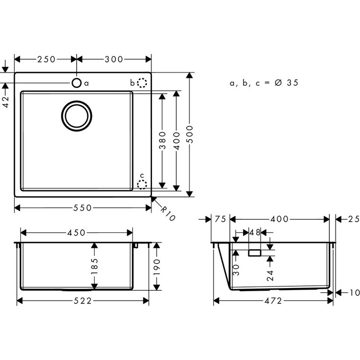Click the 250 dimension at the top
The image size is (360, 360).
[45, 59]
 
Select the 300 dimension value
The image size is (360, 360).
[114, 59]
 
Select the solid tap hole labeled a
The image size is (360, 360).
[77, 83]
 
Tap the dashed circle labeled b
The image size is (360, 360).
[142, 83]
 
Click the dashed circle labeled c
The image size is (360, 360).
[142, 184]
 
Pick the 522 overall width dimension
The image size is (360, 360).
[82, 301]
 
